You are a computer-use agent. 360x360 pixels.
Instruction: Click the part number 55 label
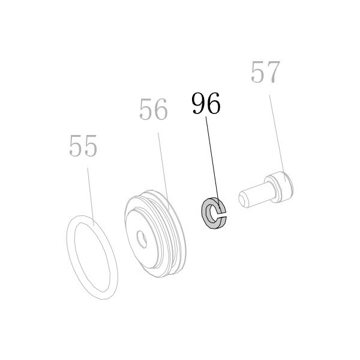click(x=83, y=146)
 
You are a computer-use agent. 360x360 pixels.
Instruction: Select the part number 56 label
click(x=154, y=109)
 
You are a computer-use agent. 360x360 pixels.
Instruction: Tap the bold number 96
click(x=206, y=103)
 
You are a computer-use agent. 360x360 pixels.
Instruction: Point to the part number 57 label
click(x=266, y=72)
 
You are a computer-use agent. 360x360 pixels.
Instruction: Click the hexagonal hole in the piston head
click(x=142, y=239)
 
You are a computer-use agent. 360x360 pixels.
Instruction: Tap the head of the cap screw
click(x=279, y=187)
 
